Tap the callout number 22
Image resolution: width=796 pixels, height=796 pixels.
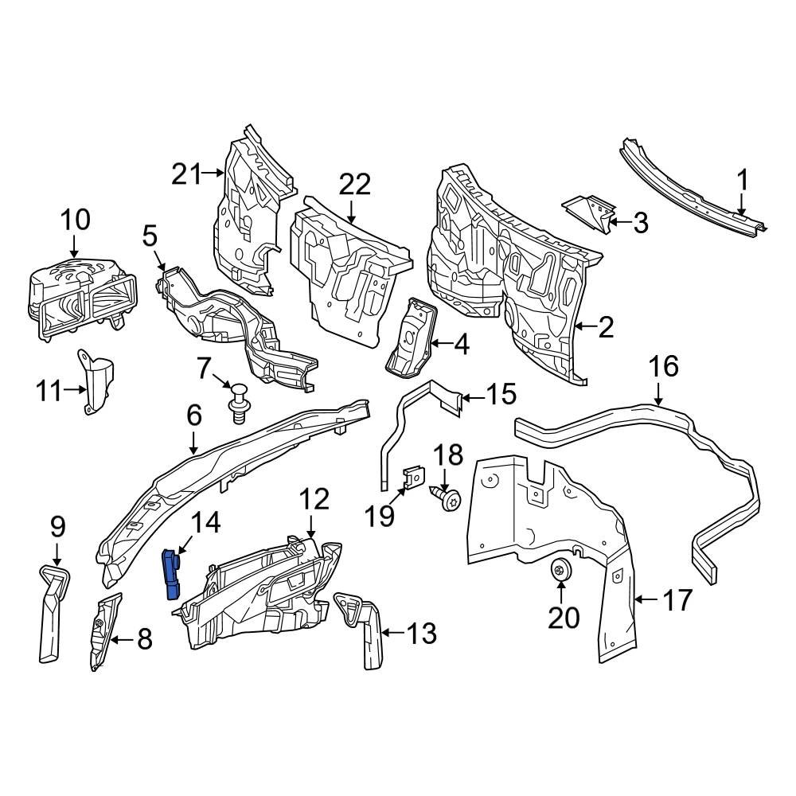click(355, 185)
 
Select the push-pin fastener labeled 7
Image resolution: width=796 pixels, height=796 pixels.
click(236, 402)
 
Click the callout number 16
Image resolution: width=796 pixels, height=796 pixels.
click(663, 367)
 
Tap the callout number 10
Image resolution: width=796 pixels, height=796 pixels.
click(76, 220)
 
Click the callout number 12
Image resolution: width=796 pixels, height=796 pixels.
click(314, 500)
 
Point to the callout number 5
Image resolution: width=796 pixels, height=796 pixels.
click(150, 236)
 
